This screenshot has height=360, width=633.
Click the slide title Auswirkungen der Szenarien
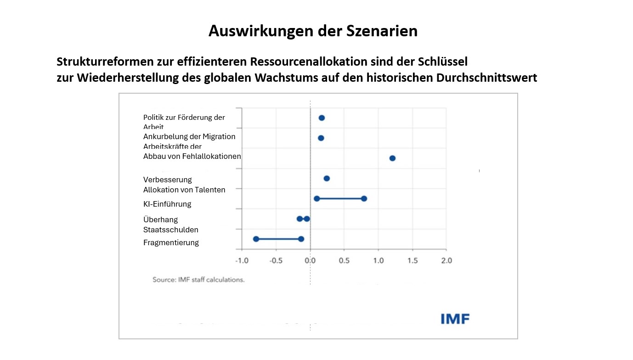[x=313, y=31]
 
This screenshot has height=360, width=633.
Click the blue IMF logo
[x=455, y=319]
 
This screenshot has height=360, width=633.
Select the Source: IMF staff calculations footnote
[x=198, y=279]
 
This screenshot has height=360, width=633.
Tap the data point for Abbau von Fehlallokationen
[x=392, y=158]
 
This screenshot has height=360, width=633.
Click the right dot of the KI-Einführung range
[x=364, y=198]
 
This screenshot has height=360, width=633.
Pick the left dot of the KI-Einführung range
[x=316, y=198]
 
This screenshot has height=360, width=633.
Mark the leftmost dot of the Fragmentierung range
[x=256, y=239]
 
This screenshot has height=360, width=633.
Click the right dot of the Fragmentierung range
[x=301, y=239]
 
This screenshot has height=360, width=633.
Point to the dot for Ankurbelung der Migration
[x=321, y=138]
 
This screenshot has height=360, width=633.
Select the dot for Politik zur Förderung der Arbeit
[x=322, y=118]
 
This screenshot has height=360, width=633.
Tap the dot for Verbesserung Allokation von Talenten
[x=327, y=178]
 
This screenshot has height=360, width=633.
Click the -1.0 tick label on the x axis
[x=242, y=260]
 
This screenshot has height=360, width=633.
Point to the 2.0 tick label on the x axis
[x=446, y=260]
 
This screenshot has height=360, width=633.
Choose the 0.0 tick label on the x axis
[x=310, y=260]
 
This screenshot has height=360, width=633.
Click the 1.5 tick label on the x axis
[x=412, y=260]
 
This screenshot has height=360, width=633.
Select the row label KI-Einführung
[x=167, y=204]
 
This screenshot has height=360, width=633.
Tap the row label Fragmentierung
[x=171, y=242]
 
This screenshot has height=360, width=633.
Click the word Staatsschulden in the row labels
[x=171, y=230]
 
